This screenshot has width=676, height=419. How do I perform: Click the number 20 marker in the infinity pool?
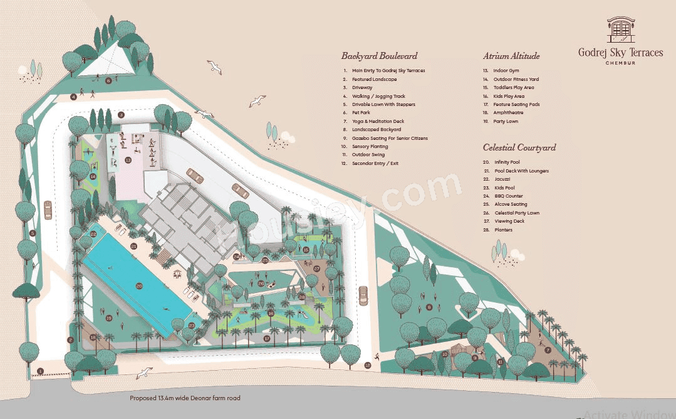[x=139, y=286]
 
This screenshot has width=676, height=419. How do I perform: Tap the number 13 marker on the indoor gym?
[x=128, y=160]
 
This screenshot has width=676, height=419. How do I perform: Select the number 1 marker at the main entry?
[x=40, y=371]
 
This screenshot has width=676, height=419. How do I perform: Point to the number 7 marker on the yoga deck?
[x=548, y=350]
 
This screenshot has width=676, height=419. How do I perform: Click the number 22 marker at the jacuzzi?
[x=93, y=234]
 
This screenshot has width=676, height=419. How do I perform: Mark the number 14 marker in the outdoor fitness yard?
[x=93, y=177]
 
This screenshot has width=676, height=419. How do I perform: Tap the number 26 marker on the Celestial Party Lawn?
[x=261, y=284]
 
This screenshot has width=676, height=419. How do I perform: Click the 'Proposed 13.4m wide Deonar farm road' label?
[x=185, y=398]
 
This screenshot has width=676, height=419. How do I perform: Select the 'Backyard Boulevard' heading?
[x=379, y=56]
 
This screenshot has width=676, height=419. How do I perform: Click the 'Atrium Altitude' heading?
[x=511, y=56]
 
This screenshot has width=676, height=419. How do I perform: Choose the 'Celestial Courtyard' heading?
[x=519, y=147]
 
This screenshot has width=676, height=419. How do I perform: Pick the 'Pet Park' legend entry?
[x=361, y=113]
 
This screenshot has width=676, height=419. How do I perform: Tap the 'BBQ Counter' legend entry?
[x=508, y=196]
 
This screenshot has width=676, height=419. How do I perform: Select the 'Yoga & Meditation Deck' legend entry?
[x=378, y=121]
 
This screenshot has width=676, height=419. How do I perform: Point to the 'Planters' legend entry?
[x=503, y=230]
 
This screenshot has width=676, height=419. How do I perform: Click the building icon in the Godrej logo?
[x=620, y=30]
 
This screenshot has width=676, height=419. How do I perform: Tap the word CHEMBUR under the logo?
[x=620, y=63]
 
